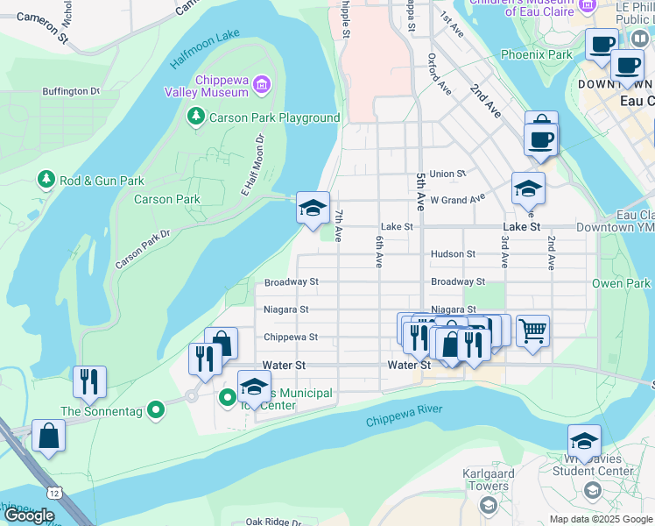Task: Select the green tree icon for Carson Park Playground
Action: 196,117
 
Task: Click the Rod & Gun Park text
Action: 102,181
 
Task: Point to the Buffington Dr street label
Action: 71,91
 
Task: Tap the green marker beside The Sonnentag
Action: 156,409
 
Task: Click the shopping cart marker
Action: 532,331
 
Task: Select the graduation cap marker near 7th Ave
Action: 313,209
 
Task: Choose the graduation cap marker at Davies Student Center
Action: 584,441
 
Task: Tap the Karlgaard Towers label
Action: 484,480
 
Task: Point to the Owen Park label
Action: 621,283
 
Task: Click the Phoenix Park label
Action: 536,54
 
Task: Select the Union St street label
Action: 447,174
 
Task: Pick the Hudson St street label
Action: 453,254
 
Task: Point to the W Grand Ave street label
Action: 457,199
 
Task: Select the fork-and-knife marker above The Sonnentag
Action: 90,381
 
